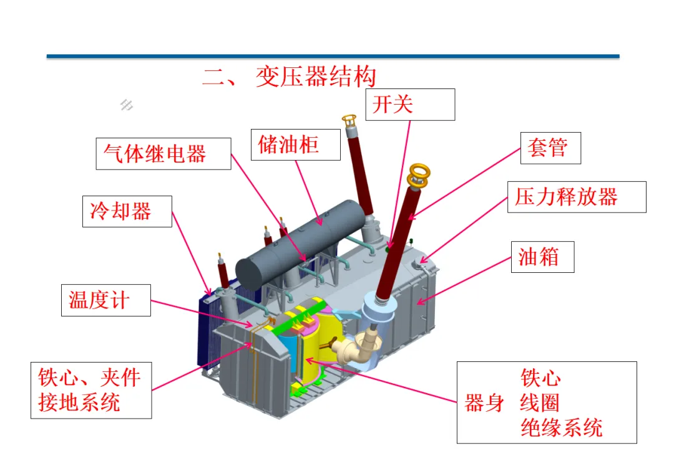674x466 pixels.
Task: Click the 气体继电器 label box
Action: (x=163, y=153)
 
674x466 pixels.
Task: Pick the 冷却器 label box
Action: (x=127, y=211)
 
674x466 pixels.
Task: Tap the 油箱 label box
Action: (x=542, y=256)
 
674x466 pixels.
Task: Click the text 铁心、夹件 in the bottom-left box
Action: (x=90, y=377)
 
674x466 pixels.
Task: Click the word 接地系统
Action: (x=79, y=402)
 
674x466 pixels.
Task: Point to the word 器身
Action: (x=484, y=403)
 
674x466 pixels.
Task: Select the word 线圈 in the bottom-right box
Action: (x=540, y=403)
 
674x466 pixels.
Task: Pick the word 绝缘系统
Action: (x=562, y=428)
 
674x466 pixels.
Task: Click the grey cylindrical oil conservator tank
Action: (x=300, y=243)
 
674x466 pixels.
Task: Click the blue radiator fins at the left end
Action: (x=206, y=330)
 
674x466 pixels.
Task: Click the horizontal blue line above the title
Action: (x=333, y=56)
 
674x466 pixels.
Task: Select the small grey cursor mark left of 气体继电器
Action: (x=127, y=105)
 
